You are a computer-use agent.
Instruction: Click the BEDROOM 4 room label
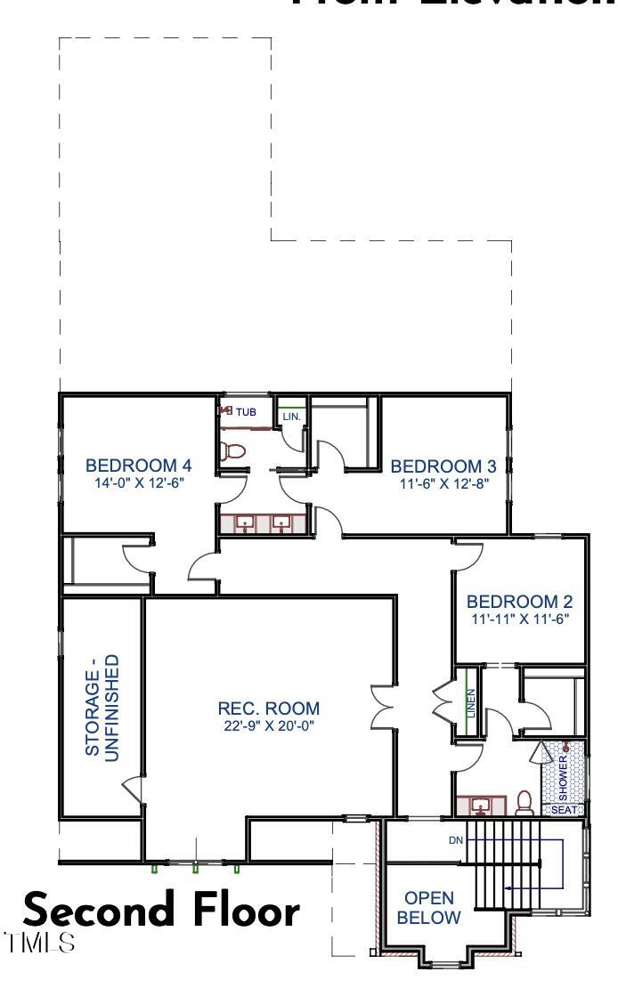[138, 466]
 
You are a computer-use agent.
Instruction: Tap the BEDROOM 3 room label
[443, 466]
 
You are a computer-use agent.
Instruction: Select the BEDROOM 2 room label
[520, 602]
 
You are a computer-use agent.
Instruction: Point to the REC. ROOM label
[268, 709]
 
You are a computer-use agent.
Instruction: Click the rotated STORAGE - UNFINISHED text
[102, 706]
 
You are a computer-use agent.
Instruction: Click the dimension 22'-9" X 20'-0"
[268, 725]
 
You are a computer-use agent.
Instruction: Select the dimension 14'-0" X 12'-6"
[138, 483]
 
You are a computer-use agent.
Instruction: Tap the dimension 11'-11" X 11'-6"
[520, 619]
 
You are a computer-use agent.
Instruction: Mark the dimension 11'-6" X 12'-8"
[443, 484]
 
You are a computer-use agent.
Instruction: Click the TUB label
[246, 412]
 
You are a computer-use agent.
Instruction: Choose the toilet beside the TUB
[234, 450]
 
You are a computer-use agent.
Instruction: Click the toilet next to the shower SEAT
[524, 802]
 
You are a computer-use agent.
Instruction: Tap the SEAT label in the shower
[564, 810]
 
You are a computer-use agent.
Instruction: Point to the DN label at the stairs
[456, 840]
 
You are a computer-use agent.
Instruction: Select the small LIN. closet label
[290, 417]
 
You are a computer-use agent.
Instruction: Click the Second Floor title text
[161, 911]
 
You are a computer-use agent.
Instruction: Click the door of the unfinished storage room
[132, 790]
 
